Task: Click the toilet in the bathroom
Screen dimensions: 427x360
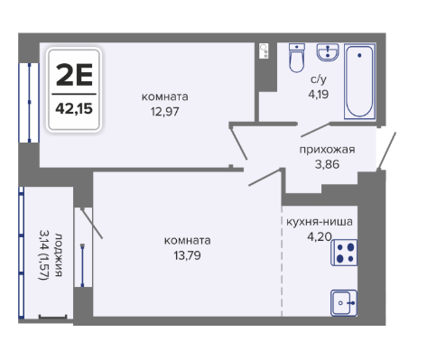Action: [297, 58]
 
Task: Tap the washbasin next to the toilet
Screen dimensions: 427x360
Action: [328, 52]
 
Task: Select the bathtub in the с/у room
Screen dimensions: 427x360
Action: [359, 81]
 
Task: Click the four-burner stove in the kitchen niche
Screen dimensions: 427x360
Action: [344, 253]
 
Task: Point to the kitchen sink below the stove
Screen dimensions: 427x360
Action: [344, 303]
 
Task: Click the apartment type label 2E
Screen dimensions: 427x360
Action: [74, 75]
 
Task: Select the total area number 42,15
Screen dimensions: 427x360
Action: [74, 108]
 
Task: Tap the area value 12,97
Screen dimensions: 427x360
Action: [165, 112]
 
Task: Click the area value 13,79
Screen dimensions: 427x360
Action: [187, 255]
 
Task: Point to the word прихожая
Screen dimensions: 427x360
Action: [327, 150]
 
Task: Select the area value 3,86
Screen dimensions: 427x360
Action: [327, 164]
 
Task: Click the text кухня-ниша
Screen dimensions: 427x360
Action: [320, 222]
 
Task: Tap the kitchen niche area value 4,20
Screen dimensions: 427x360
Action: [320, 236]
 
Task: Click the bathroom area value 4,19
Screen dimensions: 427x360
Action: [319, 94]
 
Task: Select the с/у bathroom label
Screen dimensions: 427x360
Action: [319, 79]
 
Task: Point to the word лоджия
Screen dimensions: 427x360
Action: [59, 254]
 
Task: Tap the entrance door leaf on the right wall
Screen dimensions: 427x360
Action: [386, 151]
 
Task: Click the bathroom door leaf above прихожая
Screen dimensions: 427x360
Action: [315, 130]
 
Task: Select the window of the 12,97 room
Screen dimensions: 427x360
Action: [29, 103]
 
